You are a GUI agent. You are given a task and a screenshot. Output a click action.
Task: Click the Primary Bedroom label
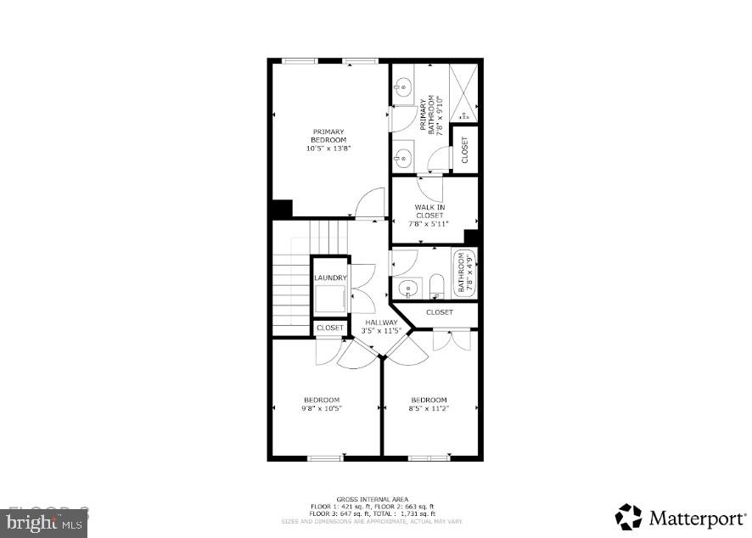coord(328,135)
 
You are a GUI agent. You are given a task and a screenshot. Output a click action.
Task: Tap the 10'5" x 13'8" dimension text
coord(328,148)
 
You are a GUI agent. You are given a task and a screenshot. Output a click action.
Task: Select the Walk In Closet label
coord(429,211)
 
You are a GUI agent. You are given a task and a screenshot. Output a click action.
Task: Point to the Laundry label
coord(329,277)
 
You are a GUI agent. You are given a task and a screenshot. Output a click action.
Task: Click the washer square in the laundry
coord(329,300)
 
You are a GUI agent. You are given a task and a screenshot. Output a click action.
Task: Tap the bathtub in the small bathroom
coord(464,273)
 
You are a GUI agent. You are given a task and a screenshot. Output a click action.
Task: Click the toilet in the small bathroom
coord(435,286)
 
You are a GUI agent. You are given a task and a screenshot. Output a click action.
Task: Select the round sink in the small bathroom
coord(408,288)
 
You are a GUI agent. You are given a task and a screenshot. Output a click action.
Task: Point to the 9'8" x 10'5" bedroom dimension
coord(322,409)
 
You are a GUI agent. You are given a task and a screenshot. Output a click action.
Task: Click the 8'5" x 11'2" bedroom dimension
coord(429,409)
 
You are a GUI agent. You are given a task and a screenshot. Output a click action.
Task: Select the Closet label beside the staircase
coord(329,328)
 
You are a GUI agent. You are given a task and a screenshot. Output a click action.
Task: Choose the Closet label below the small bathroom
coord(439,312)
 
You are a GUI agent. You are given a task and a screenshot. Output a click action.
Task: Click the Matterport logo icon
coord(629,517)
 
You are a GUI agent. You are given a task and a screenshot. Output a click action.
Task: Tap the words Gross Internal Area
coord(372,499)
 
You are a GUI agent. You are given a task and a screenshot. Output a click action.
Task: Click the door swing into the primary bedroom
coord(370,204)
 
